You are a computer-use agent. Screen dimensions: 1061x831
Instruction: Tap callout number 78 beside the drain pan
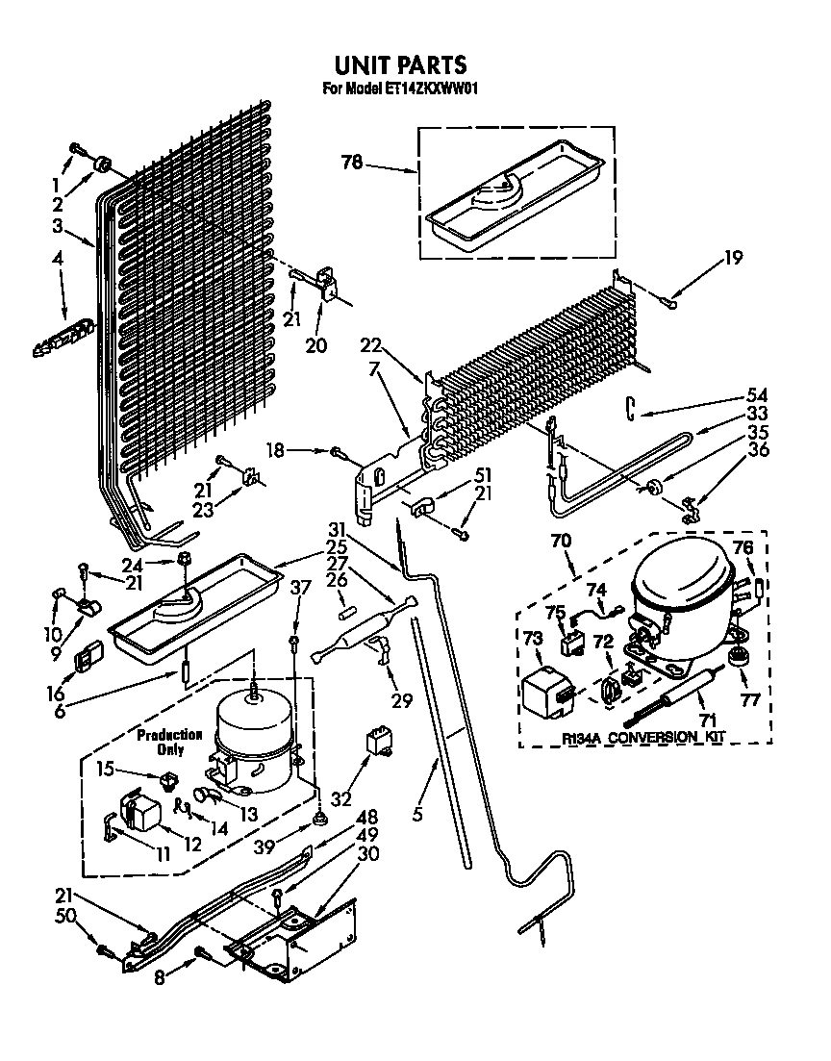tap(352, 163)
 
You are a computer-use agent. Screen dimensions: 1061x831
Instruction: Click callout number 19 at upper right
tap(733, 257)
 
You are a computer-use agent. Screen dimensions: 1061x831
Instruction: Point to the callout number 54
tap(757, 394)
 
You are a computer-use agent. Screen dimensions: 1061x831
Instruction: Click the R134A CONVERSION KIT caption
tap(643, 738)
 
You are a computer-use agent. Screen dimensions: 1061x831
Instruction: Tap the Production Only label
tap(170, 742)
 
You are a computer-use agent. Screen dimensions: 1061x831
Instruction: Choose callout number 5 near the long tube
tap(417, 813)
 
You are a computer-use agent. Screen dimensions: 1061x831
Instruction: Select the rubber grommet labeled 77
tap(740, 658)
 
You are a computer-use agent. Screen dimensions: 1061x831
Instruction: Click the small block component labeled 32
tap(378, 742)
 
